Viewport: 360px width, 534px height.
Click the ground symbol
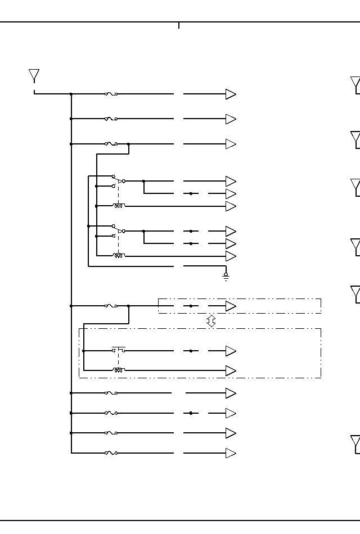point(226,277)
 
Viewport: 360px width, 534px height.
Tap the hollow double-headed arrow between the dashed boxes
point(211,321)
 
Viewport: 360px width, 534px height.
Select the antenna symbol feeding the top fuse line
point(34,76)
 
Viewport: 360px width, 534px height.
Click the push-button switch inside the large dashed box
point(118,350)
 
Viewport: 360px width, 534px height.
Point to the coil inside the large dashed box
point(118,370)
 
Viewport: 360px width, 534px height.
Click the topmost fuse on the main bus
point(111,94)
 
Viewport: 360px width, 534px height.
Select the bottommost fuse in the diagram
point(111,453)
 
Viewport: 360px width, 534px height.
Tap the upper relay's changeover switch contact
point(118,181)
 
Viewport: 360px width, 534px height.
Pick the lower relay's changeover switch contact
point(118,231)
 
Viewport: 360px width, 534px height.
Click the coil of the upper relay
point(119,206)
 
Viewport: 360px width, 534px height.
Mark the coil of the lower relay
point(119,256)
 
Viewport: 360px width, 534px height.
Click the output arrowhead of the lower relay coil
point(231,256)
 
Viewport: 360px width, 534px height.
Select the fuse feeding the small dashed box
point(111,306)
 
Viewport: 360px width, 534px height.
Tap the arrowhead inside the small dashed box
point(231,306)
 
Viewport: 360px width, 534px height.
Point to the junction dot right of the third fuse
point(129,144)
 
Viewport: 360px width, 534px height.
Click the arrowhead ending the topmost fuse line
point(231,94)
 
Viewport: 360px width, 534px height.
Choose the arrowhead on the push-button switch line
point(231,351)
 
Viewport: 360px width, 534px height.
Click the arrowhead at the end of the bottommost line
point(231,453)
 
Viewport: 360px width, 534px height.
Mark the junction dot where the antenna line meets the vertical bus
point(71,94)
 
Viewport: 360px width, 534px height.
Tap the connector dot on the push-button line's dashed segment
point(191,351)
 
